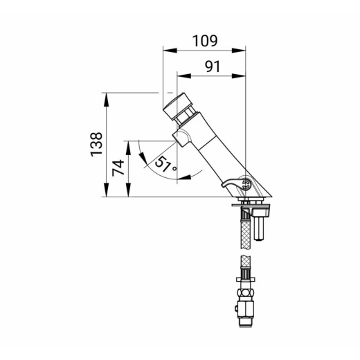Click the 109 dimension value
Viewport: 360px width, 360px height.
[205, 41]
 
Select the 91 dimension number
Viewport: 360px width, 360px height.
[213, 66]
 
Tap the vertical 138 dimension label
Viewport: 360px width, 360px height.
[96, 145]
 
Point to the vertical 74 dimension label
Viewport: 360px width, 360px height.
[118, 168]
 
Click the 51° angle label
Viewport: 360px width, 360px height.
[165, 164]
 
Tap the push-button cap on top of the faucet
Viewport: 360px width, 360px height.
[178, 106]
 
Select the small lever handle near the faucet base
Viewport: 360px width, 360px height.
[232, 183]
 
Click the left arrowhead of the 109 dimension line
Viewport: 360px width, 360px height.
[170, 51]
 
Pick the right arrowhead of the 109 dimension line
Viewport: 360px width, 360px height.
[239, 51]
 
